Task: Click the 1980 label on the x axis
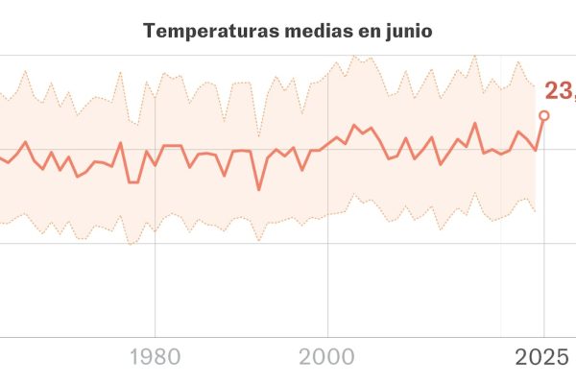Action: [x=155, y=358]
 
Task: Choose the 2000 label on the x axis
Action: [x=328, y=358]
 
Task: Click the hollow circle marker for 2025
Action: [x=544, y=115]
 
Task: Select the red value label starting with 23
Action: [x=560, y=91]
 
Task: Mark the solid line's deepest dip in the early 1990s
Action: [x=258, y=189]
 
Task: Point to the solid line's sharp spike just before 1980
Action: [x=121, y=143]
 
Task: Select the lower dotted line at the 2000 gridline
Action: [x=328, y=213]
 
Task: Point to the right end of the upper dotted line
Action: [x=535, y=86]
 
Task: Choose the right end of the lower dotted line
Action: [x=535, y=211]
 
